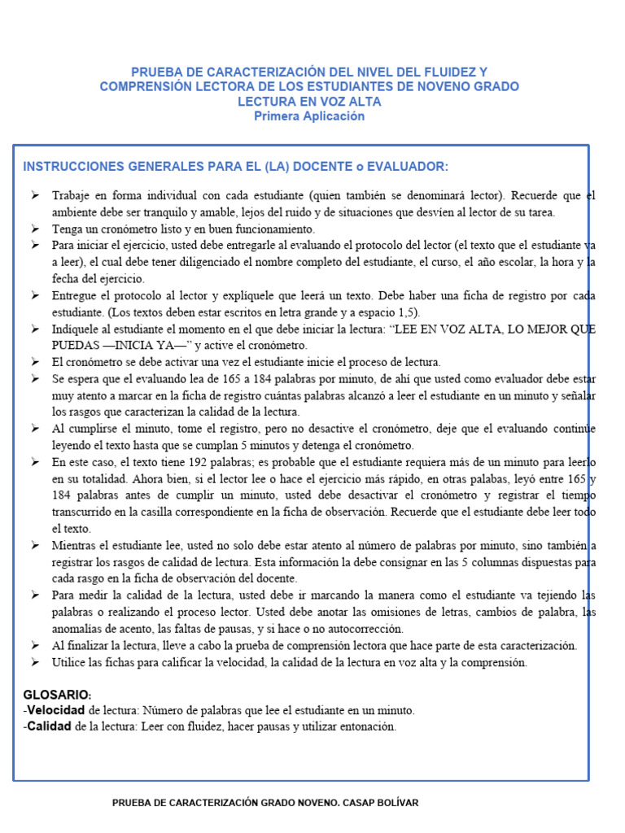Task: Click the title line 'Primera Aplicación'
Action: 309,116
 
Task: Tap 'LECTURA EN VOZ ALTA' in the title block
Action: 309,102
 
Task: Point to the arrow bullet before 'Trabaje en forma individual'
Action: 35,196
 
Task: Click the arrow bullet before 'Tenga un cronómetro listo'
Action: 35,229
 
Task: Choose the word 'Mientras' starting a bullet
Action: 74,545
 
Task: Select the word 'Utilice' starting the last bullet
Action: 70,662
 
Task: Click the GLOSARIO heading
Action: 56,694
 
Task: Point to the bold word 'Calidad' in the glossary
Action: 50,726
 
